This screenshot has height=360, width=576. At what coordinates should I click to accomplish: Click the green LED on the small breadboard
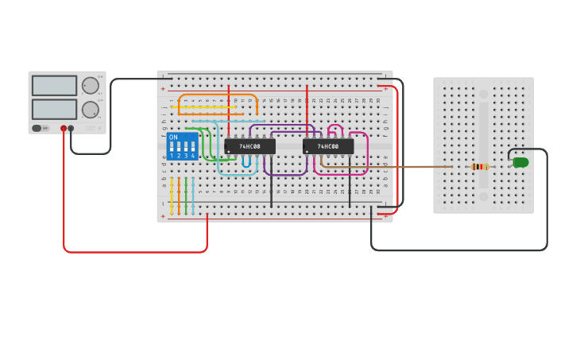521,162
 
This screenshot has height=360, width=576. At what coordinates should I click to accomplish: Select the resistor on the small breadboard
479,166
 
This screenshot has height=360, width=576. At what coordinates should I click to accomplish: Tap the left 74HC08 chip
249,146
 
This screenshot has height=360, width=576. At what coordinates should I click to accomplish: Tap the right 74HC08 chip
327,146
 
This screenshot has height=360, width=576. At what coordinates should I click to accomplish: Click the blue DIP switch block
182,146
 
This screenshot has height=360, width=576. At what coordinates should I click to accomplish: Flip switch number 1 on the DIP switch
172,147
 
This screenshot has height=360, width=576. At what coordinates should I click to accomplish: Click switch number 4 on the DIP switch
193,147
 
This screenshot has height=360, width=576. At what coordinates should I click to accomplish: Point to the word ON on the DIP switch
173,137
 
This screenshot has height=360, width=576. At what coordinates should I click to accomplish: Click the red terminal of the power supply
64,128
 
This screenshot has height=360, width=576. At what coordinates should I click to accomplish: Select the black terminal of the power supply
71,128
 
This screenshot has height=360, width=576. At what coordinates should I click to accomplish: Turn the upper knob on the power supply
91,86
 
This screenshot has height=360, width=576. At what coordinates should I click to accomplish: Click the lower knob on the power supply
91,110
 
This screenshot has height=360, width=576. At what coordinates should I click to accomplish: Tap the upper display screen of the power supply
54,85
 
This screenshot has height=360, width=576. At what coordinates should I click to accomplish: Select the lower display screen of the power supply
54,109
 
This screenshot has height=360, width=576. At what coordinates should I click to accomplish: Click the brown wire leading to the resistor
397,166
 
